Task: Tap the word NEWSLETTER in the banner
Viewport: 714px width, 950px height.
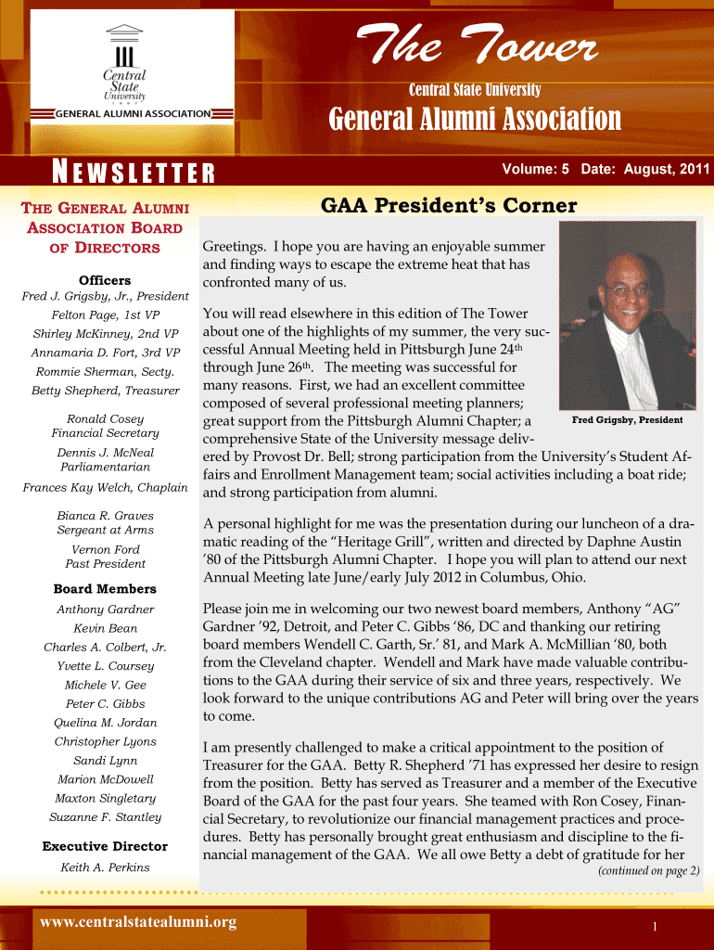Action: pos(134,173)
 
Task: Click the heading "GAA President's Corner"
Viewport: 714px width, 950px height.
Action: pos(448,206)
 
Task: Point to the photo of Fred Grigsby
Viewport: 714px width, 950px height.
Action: pos(628,315)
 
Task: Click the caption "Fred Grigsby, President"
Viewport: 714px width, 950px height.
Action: pos(627,420)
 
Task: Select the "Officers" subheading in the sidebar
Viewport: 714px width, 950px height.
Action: pos(105,280)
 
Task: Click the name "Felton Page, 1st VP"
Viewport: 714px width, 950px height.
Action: pos(105,315)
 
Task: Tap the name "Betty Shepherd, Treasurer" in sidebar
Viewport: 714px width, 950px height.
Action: pos(105,391)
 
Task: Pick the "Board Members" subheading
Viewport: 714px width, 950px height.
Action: pos(105,589)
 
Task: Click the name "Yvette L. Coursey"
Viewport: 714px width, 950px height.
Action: pos(105,666)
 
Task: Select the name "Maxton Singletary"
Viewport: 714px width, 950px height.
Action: pos(105,798)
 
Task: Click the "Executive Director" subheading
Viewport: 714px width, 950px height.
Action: pos(105,846)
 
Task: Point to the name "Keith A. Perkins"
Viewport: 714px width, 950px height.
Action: pos(105,867)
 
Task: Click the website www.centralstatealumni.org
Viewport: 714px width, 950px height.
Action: pos(137,922)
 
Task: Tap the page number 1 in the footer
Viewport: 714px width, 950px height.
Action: pos(655,928)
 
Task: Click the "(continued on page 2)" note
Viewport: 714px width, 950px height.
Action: pos(648,871)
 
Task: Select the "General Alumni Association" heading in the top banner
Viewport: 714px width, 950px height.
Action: pos(476,120)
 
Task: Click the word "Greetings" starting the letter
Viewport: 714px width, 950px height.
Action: pos(233,247)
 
